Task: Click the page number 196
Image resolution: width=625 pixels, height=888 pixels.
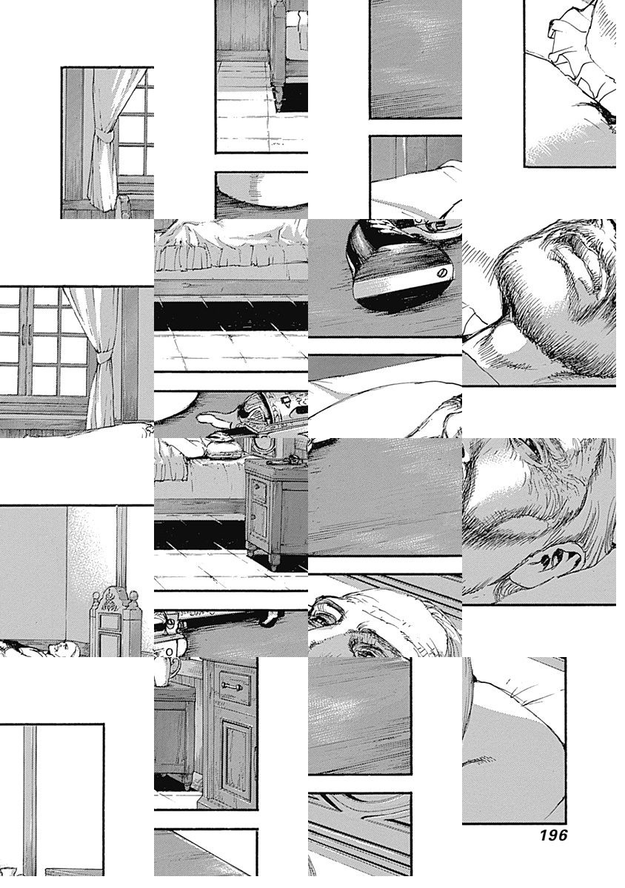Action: (553, 835)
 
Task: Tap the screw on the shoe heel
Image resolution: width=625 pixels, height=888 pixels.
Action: (441, 273)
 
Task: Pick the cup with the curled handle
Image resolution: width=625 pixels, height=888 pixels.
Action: (166, 670)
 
